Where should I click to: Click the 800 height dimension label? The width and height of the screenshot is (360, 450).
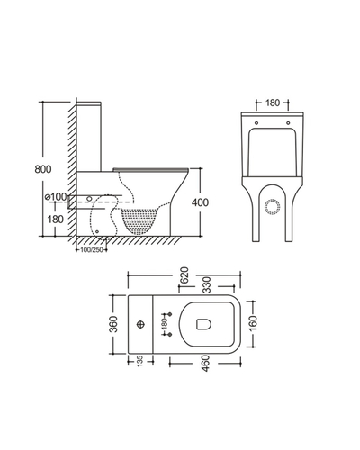tap(43, 169)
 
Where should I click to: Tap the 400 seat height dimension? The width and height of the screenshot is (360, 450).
tap(200, 202)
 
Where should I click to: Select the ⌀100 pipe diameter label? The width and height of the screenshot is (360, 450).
tap(56, 197)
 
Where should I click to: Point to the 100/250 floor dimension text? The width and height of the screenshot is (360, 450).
tap(92, 250)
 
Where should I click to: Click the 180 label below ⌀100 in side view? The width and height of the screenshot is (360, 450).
tap(56, 220)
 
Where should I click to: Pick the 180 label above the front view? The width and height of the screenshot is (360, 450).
tap(273, 103)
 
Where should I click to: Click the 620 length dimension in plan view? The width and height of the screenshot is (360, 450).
tap(184, 274)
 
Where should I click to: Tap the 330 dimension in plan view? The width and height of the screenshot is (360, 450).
tap(207, 285)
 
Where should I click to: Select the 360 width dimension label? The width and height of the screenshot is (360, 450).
tap(113, 324)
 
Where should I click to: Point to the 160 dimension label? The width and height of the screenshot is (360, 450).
tap(254, 323)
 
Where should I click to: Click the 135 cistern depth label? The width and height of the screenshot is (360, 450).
tap(140, 361)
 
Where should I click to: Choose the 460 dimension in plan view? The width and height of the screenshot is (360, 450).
tap(205, 364)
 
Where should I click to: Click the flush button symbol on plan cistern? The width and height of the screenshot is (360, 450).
tap(140, 324)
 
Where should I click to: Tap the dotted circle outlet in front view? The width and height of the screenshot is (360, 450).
tap(273, 207)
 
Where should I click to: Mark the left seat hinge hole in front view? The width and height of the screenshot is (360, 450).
tap(256, 122)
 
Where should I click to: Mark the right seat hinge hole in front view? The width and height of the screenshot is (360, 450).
tap(288, 122)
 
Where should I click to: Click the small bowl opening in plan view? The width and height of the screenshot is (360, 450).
tap(204, 324)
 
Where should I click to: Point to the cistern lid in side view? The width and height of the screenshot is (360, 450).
tap(89, 103)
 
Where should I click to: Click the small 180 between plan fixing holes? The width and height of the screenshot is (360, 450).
tap(165, 324)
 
